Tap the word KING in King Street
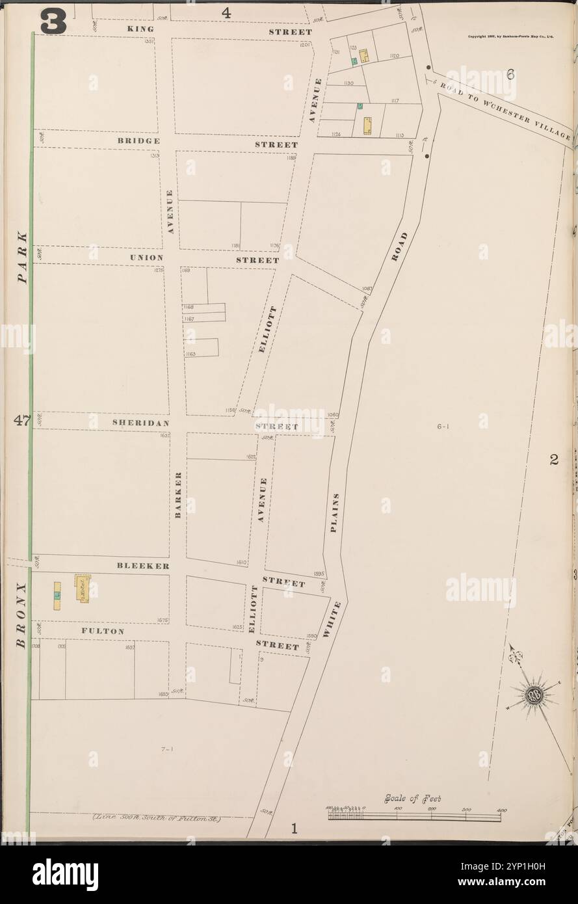141,30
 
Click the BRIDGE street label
139,140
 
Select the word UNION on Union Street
146,258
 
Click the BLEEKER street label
144,566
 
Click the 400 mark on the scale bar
501,809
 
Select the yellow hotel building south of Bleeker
83,589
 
